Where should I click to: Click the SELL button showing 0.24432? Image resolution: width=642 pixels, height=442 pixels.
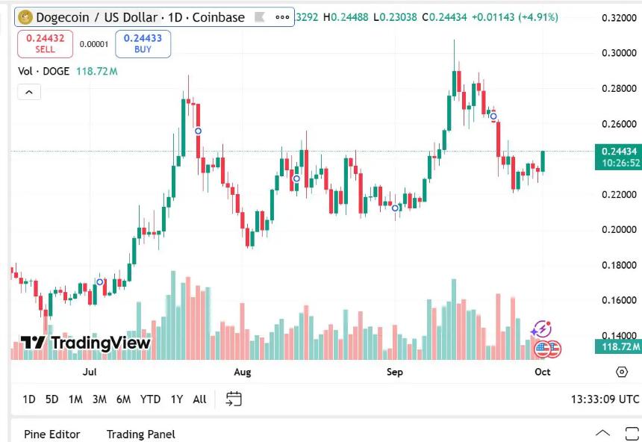[44, 43]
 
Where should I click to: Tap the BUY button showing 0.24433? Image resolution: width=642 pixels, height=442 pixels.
[143, 43]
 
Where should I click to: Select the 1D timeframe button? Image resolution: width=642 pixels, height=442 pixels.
[29, 399]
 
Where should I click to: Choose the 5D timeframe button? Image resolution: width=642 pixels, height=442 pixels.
[52, 399]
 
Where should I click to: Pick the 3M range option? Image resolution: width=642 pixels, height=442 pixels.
[99, 399]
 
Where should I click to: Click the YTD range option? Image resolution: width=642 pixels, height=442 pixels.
[150, 399]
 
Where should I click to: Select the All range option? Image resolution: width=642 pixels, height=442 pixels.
[199, 399]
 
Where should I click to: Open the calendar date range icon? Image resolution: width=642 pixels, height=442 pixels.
[234, 399]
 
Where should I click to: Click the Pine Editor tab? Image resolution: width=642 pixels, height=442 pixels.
[52, 434]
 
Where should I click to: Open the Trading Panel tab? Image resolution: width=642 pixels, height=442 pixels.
[141, 434]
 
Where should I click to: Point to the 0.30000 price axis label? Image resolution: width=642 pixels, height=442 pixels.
[619, 53]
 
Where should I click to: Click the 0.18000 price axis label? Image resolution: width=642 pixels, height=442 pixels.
[619, 265]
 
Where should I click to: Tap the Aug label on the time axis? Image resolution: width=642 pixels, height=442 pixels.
[243, 372]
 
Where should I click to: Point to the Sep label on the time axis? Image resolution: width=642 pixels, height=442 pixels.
[395, 372]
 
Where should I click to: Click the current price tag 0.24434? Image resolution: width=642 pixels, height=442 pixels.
[619, 152]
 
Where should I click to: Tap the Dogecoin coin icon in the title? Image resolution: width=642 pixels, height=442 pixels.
[25, 17]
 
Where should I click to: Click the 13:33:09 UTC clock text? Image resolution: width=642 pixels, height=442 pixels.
[605, 399]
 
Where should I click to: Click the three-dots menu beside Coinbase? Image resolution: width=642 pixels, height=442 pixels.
[283, 17]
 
